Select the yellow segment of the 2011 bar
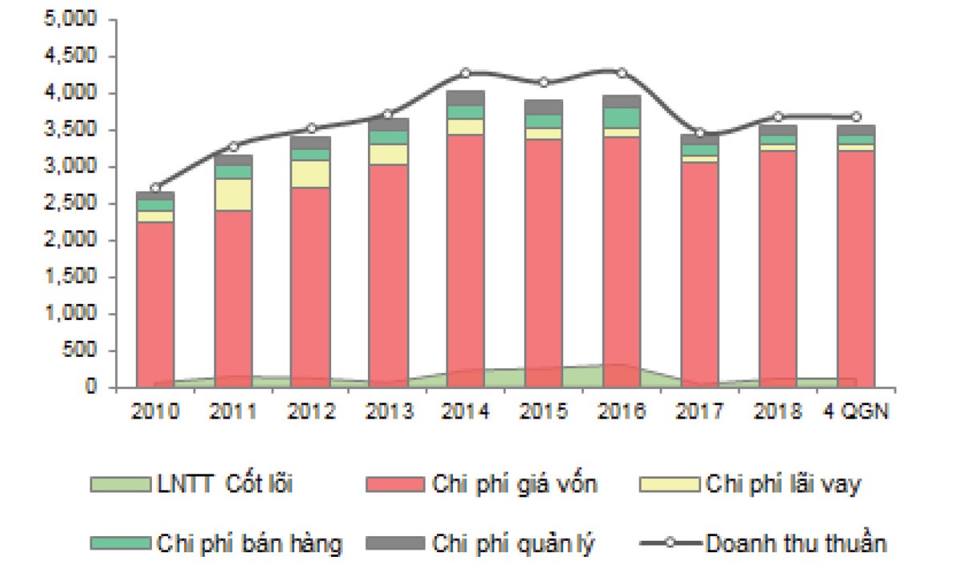pyautogui.click(x=233, y=194)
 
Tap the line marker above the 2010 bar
pyautogui.click(x=155, y=187)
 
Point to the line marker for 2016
pyautogui.click(x=621, y=73)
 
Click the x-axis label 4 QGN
pyautogui.click(x=855, y=411)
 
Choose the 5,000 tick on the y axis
pyautogui.click(x=71, y=20)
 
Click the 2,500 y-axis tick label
pyautogui.click(x=71, y=204)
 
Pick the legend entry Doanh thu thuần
pyautogui.click(x=795, y=543)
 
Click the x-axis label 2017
pyautogui.click(x=699, y=411)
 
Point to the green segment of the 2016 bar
pyautogui.click(x=621, y=118)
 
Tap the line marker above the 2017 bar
pyautogui.click(x=699, y=132)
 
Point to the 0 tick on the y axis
pyautogui.click(x=90, y=388)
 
